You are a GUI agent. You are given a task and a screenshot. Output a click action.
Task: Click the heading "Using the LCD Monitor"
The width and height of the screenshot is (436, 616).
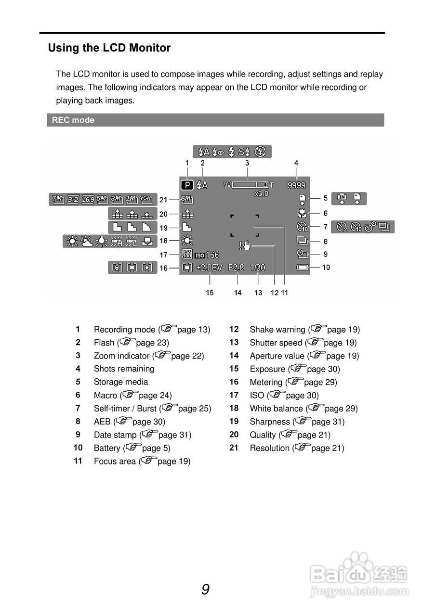[109, 48]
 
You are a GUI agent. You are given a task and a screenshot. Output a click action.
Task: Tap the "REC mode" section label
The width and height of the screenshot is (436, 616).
[73, 120]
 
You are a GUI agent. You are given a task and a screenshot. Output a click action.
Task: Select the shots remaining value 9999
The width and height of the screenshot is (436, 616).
[297, 185]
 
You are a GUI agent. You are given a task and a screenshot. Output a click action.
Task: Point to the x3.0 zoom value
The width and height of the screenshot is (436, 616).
[262, 193]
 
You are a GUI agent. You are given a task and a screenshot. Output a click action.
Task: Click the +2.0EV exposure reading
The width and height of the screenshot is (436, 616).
[210, 268]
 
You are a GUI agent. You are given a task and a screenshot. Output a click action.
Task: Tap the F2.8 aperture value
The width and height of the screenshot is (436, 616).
[237, 268]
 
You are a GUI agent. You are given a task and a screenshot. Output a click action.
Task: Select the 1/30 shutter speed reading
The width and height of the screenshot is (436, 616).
[258, 268]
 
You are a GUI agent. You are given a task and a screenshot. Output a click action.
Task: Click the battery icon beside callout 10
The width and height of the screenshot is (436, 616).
[303, 268]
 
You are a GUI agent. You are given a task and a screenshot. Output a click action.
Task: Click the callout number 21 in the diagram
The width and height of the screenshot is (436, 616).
[163, 200]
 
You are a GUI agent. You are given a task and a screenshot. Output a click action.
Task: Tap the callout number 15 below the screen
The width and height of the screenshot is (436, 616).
[210, 293]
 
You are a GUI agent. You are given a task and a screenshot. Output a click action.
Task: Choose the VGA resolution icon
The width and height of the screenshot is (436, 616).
[145, 199]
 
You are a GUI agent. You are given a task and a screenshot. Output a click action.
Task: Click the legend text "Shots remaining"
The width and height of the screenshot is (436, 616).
[124, 369]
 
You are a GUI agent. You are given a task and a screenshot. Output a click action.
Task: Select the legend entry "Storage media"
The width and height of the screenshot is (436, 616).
[121, 382]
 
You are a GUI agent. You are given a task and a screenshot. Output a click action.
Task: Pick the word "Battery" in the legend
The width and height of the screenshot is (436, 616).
[107, 448]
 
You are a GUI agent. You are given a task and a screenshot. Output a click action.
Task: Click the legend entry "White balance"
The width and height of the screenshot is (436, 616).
[276, 409]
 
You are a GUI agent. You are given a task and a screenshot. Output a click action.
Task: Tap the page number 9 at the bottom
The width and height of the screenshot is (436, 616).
[206, 590]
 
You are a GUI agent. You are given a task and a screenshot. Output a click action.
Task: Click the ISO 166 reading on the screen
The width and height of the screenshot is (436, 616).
[207, 256]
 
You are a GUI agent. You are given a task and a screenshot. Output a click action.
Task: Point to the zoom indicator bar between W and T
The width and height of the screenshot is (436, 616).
[250, 185]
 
